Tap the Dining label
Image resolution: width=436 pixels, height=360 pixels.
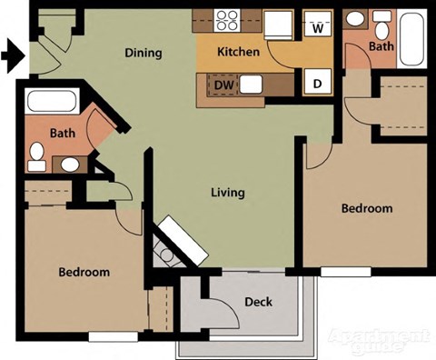(x=143, y=53)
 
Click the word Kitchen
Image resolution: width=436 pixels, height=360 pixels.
(x=238, y=53)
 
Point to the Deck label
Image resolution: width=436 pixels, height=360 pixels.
(x=259, y=302)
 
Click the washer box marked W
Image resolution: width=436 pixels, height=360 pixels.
(x=318, y=26)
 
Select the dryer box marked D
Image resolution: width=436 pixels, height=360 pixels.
(x=318, y=85)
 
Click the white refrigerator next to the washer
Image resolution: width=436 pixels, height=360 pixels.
(x=280, y=25)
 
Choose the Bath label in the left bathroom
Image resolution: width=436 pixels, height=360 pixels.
(x=63, y=133)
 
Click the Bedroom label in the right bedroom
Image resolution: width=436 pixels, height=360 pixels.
(x=366, y=208)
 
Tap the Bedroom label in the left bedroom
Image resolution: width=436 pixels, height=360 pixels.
(x=84, y=272)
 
